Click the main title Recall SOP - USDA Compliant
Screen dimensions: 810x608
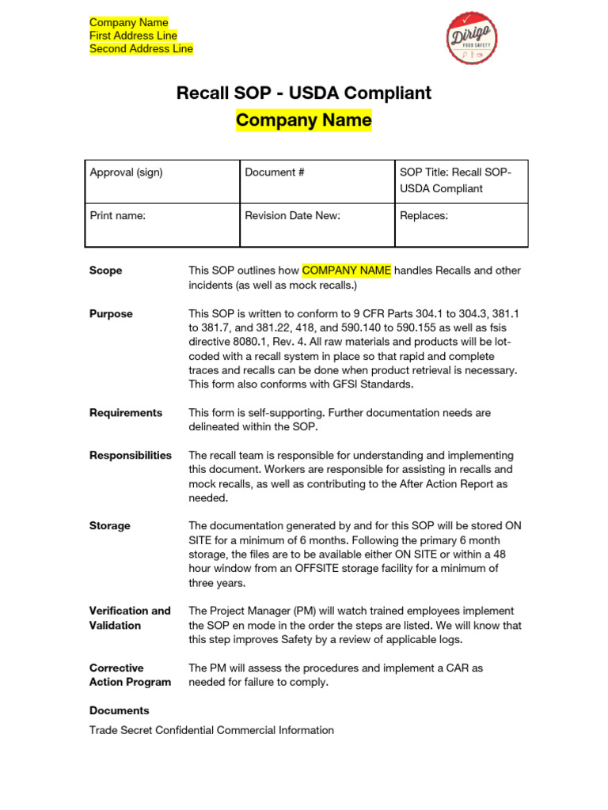click(303, 93)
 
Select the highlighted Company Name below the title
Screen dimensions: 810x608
click(303, 120)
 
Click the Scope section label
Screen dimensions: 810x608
click(105, 271)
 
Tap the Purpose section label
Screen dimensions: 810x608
click(111, 314)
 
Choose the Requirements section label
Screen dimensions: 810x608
click(126, 412)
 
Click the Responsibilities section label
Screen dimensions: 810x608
click(130, 455)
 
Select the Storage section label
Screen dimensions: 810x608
click(110, 525)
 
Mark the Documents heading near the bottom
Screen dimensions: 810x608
click(119, 710)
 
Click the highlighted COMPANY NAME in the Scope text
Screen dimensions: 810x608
click(347, 271)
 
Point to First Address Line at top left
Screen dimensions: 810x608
click(133, 36)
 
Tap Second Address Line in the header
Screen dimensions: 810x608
click(141, 49)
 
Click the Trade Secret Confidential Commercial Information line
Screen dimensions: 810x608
click(211, 730)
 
